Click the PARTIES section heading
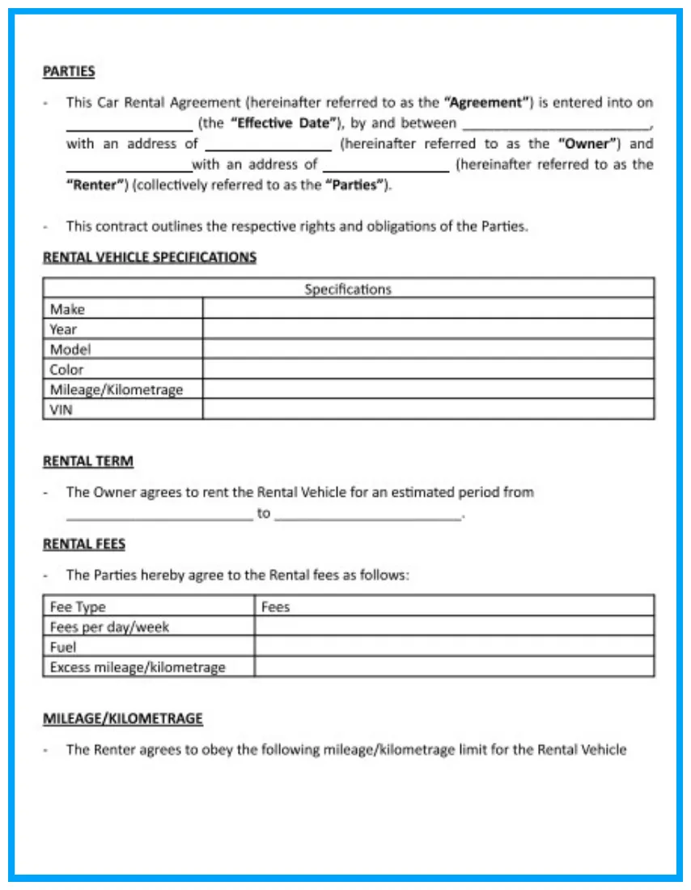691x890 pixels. tap(69, 71)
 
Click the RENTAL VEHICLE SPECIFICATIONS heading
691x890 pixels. tap(150, 257)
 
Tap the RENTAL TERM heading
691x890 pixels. tap(88, 461)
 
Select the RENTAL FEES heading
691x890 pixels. tap(84, 544)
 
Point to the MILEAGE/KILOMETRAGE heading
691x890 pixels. tap(123, 718)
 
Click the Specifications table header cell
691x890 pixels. tap(348, 289)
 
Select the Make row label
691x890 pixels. tap(67, 309)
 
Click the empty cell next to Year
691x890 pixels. tap(428, 329)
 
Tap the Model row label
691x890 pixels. tap(70, 350)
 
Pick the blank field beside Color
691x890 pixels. tap(428, 370)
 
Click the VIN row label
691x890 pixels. tap(61, 409)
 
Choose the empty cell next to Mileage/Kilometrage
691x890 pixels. tap(428, 389)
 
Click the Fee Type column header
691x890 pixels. tap(78, 607)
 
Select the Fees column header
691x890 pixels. tap(276, 607)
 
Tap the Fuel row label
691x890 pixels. tap(63, 647)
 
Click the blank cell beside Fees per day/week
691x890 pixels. tap(454, 627)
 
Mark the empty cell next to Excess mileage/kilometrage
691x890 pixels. tap(454, 667)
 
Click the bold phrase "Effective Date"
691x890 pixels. tap(283, 124)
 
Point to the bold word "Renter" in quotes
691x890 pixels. tap(95, 184)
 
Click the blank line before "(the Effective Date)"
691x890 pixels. tap(129, 126)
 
